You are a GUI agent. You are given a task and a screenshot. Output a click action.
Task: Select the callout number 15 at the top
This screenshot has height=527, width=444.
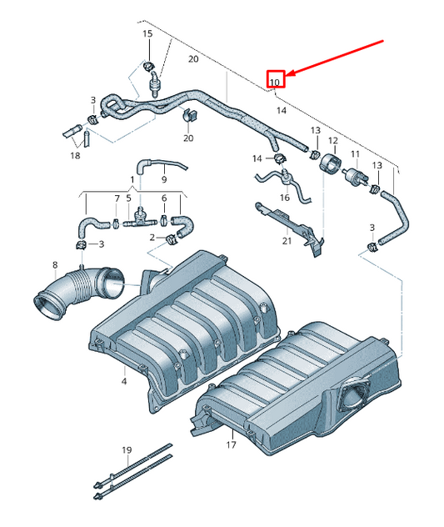tap(147, 33)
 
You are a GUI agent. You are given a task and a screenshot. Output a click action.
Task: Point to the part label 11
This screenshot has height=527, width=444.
tap(355, 154)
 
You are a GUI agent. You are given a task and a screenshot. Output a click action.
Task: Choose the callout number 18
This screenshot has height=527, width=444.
tap(76, 155)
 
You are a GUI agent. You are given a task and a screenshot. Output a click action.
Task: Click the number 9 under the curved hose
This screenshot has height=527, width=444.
tap(164, 178)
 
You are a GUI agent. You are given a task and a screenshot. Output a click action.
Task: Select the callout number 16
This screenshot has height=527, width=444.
tap(285, 198)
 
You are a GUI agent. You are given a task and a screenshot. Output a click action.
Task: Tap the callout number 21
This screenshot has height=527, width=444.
tap(286, 242)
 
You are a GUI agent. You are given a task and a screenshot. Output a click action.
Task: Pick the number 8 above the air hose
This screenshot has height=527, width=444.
tap(55, 266)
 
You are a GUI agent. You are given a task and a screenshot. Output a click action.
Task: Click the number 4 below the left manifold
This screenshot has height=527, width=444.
tap(123, 381)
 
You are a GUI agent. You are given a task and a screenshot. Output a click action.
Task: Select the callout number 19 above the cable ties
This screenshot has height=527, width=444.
tap(127, 450)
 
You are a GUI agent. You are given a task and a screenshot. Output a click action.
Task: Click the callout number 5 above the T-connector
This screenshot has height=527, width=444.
tap(128, 198)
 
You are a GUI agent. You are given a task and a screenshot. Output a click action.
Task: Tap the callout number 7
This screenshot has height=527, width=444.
tap(116, 198)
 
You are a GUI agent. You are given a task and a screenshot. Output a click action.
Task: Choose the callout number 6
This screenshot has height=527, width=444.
tap(164, 198)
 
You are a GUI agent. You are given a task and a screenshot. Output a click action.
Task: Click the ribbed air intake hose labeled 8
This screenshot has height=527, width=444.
tap(79, 290)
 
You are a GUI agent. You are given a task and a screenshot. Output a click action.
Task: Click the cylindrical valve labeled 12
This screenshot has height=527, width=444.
tap(331, 163)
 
